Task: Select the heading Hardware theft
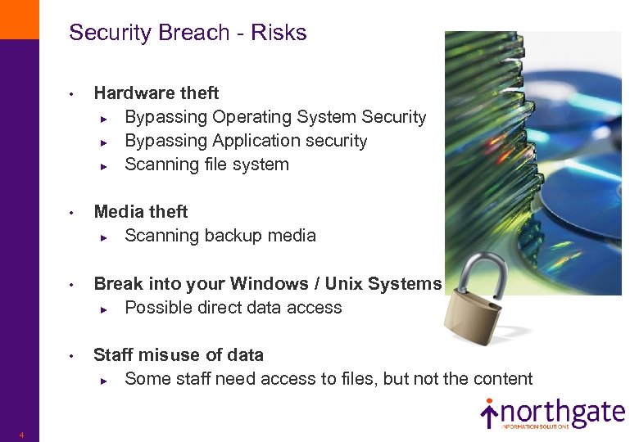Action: tap(156, 93)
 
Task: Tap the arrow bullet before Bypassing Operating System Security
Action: tap(104, 118)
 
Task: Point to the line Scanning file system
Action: tap(206, 165)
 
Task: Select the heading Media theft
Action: tap(141, 212)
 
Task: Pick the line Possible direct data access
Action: tap(233, 308)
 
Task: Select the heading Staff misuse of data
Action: tap(179, 355)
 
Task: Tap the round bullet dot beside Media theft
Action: tap(72, 213)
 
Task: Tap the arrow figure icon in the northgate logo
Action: tap(489, 413)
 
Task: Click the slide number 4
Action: tap(21, 435)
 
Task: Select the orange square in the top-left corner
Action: tap(19, 19)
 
